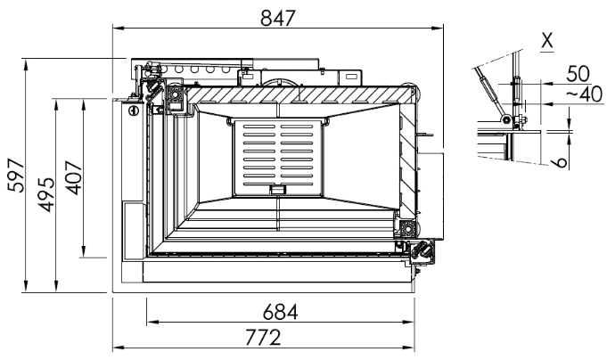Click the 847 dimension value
[278, 18]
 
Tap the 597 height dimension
[16, 175]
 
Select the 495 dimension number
[46, 194]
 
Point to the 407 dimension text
[74, 177]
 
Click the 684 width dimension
[280, 312]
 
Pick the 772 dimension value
[263, 337]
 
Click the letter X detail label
[547, 40]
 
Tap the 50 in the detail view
[578, 74]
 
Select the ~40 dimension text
[585, 94]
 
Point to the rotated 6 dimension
[560, 162]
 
